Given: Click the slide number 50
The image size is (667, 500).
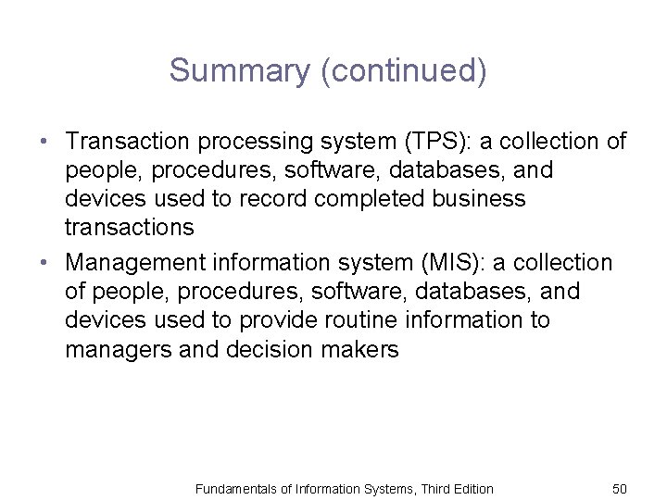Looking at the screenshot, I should point(620,488).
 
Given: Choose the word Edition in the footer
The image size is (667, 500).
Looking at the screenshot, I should point(471,488).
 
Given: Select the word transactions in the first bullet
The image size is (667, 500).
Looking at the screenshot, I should point(130,228).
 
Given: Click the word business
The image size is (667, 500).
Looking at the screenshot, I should point(482,199).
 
